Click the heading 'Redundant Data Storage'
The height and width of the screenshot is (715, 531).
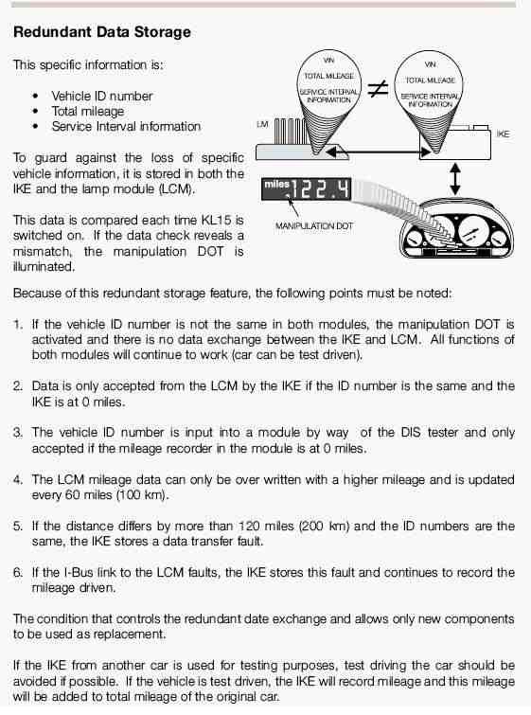point(102,32)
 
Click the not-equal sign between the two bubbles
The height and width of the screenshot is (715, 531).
point(378,90)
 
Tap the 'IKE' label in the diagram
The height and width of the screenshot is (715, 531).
point(503,135)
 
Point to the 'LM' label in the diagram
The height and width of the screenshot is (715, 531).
point(262,124)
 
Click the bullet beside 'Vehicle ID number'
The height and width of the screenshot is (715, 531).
point(35,97)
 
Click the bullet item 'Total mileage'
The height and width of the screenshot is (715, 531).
point(87,111)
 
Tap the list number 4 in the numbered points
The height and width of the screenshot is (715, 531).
point(18,480)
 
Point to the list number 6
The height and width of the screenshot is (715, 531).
point(18,572)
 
